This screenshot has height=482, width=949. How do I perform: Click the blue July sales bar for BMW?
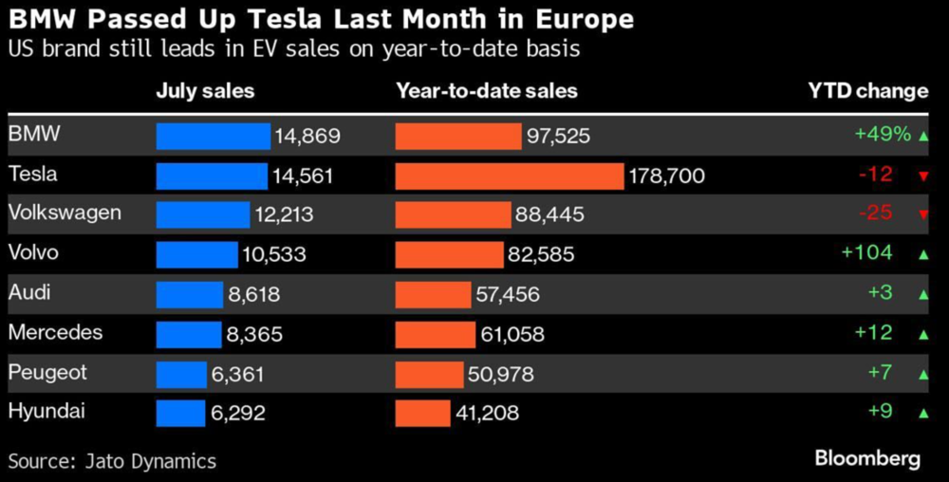point(213,136)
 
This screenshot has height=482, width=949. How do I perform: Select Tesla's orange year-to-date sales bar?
point(509,176)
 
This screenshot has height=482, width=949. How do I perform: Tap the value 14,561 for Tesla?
point(303,176)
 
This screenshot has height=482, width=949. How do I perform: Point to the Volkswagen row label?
point(65,213)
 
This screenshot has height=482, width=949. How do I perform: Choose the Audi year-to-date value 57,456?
point(508,294)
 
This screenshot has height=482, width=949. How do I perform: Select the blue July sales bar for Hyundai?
point(180,413)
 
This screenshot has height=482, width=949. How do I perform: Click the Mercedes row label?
point(55,332)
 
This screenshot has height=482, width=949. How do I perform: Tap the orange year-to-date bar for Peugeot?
point(429,374)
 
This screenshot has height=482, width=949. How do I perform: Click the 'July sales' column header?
point(205,91)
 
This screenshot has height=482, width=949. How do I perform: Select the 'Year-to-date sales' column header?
point(487,91)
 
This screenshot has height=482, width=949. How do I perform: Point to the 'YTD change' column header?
point(867,91)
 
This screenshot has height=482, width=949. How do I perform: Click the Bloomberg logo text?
point(867,459)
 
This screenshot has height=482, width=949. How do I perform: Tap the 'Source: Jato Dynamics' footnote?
point(112,462)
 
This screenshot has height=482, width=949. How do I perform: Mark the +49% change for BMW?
point(883,135)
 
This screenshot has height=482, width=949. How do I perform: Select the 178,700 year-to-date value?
point(667,176)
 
